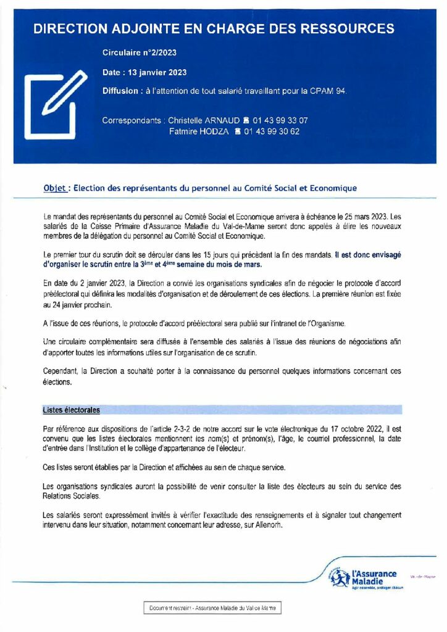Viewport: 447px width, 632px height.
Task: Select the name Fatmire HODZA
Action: click(x=198, y=131)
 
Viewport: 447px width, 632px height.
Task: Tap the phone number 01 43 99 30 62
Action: click(x=272, y=131)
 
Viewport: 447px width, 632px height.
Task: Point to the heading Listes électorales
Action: click(x=72, y=409)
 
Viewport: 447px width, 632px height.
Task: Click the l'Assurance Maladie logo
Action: click(x=364, y=578)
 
